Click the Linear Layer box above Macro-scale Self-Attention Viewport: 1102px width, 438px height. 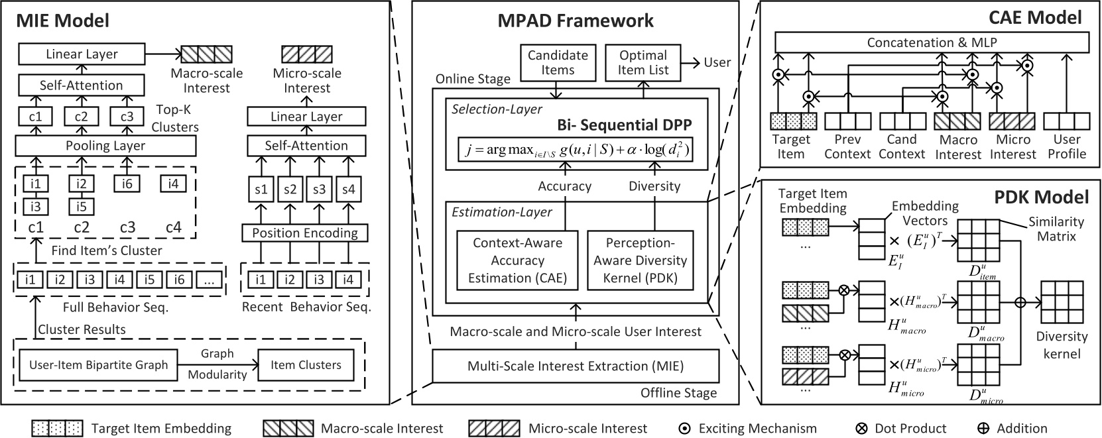[82, 54]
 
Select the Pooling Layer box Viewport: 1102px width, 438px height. [105, 146]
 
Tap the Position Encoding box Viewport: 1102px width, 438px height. [305, 233]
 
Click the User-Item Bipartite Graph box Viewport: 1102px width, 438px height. [99, 365]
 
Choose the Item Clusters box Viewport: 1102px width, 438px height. [306, 365]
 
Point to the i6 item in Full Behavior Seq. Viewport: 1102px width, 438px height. [179, 280]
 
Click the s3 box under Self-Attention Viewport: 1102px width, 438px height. [320, 190]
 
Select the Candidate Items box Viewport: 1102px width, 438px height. [558, 62]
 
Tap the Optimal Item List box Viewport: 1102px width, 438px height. [643, 62]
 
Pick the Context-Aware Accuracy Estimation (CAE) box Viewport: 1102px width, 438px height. [517, 260]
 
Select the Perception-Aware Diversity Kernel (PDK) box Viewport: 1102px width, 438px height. [640, 260]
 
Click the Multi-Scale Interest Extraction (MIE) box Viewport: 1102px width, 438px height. [576, 366]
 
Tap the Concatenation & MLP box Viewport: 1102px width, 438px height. [932, 43]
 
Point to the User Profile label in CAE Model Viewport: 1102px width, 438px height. [1066, 146]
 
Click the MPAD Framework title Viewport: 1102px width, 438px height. [576, 21]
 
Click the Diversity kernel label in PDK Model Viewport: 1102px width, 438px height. [1062, 345]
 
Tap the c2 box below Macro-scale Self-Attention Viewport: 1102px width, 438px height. [81, 117]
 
